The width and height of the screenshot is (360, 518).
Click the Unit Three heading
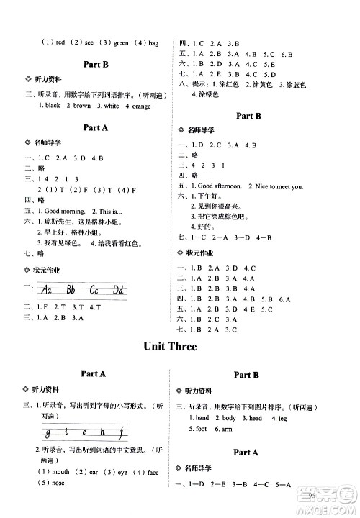pos(179,347)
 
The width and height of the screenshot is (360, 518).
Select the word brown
pos(81,106)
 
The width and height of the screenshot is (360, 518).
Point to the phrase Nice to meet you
pos(279,186)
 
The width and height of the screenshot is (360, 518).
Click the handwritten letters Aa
pos(49,290)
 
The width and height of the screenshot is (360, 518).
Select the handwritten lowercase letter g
pos(48,432)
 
